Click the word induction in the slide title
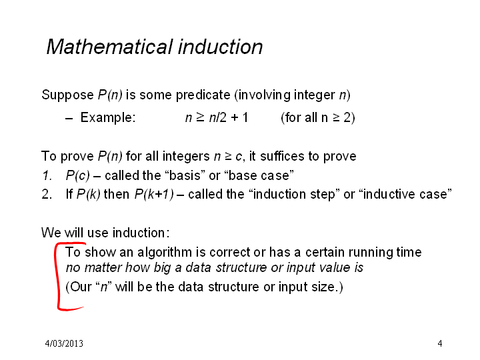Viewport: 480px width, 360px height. (221, 47)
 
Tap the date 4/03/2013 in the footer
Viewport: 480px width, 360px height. (64, 343)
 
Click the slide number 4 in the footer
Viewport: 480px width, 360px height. (440, 343)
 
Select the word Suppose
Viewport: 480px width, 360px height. (67, 95)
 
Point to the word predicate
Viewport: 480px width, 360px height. (203, 95)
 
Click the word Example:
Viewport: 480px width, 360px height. (108, 117)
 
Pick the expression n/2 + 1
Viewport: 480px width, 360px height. (229, 117)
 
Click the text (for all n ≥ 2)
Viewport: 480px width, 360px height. (318, 117)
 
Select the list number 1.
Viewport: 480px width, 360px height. (47, 175)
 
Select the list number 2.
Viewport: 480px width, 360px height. (47, 194)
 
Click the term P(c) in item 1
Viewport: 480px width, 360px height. (78, 176)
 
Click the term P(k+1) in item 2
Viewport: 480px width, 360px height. (154, 195)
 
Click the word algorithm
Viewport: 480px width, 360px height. (165, 253)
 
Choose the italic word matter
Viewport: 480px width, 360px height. (103, 268)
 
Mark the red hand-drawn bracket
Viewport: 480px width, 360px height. (57, 275)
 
